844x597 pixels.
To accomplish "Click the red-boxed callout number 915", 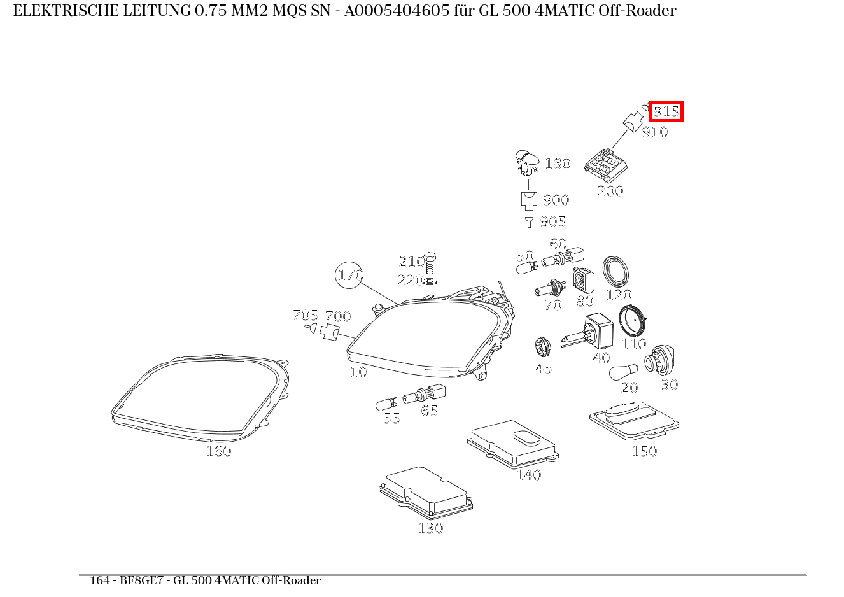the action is click(666, 111).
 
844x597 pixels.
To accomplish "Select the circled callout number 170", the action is click(349, 276).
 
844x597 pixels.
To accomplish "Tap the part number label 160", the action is click(218, 451).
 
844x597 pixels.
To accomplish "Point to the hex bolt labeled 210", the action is click(430, 263).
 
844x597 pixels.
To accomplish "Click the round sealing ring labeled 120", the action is click(615, 272).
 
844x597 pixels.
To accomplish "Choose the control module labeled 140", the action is click(513, 444).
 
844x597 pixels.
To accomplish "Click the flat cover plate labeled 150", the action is click(634, 421).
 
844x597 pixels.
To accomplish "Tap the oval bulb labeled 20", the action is click(624, 372).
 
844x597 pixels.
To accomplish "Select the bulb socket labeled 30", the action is click(659, 361).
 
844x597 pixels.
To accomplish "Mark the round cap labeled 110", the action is click(633, 321).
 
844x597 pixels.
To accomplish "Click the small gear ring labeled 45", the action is click(542, 348).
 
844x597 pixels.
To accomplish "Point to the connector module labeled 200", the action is click(606, 165).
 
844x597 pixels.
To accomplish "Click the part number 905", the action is click(552, 221).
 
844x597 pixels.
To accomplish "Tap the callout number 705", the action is click(305, 315).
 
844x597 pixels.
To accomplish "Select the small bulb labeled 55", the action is click(386, 404).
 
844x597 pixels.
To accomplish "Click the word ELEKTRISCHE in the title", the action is click(66, 11).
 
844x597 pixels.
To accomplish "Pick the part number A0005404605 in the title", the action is click(397, 11).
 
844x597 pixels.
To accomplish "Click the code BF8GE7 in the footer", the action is click(141, 580).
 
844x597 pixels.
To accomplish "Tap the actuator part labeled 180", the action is click(527, 163).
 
